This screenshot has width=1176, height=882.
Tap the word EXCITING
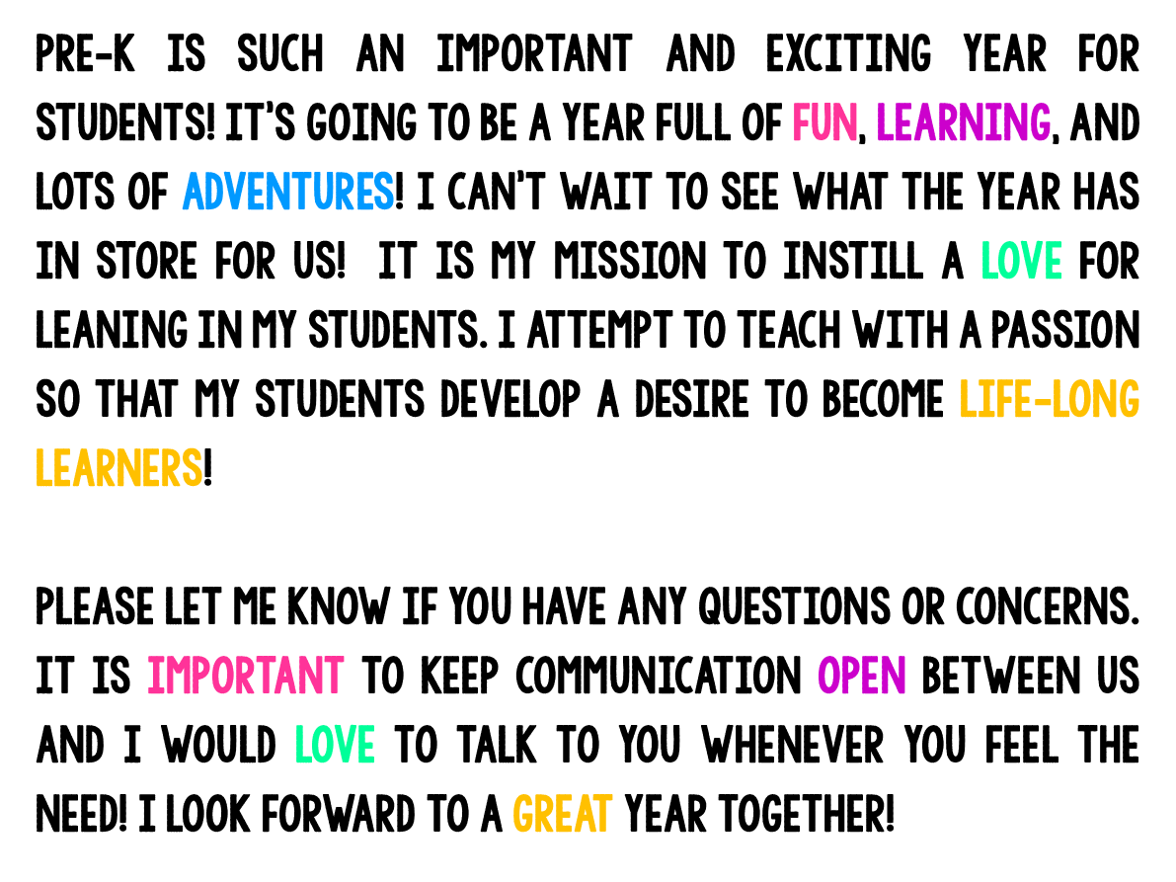pos(848,54)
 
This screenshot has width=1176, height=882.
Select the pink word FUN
pos(823,123)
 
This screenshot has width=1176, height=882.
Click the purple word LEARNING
pos(963,123)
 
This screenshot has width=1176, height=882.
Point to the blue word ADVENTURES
pos(288,193)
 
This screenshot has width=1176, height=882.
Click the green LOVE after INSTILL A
pos(1021,262)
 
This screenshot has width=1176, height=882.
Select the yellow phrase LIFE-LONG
pos(1049,400)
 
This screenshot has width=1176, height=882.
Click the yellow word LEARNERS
pos(118,468)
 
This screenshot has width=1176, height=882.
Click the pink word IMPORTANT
pos(246,676)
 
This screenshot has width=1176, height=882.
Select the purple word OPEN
pos(862,676)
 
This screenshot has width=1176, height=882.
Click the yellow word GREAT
pos(562,814)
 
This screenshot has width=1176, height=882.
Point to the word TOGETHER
pos(804,814)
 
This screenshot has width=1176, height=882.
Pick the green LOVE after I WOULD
pos(335,745)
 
